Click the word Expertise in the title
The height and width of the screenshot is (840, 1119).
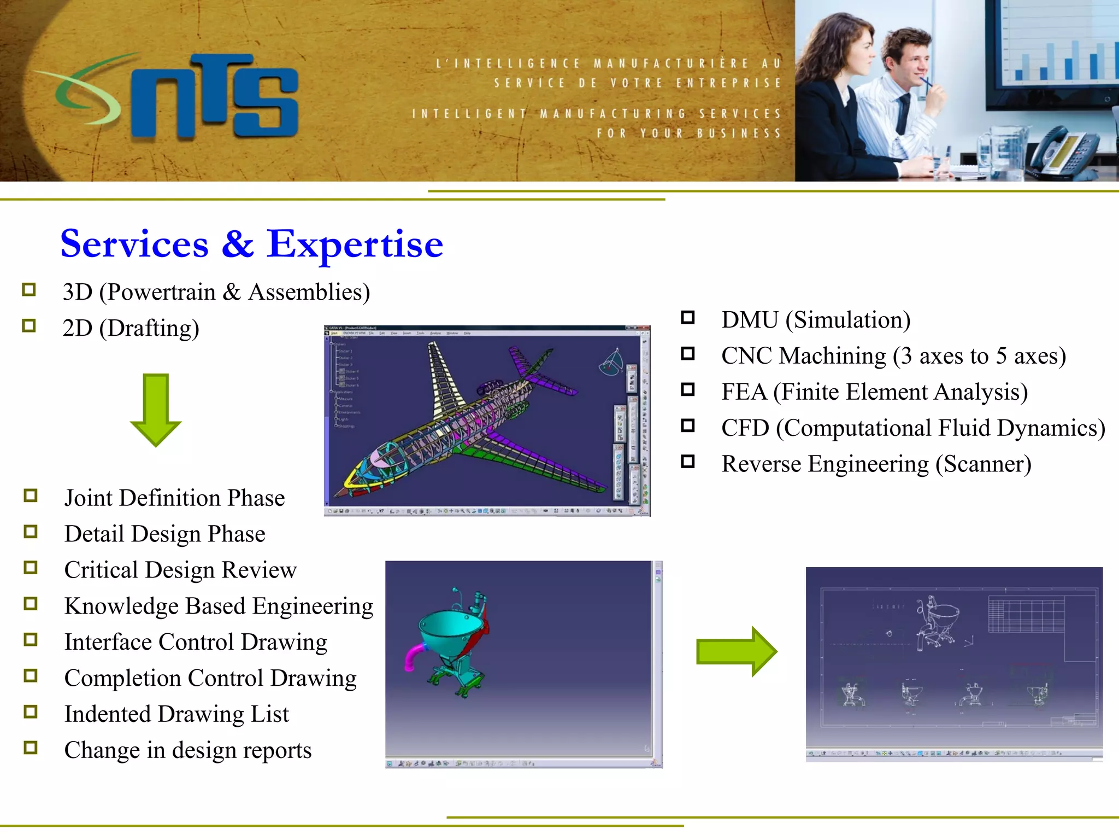coord(355,244)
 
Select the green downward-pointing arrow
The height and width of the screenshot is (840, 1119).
coord(156,410)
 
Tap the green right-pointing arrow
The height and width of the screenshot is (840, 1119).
coord(736,651)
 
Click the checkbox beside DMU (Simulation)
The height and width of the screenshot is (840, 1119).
coord(688,318)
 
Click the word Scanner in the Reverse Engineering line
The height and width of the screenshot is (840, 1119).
coord(983,464)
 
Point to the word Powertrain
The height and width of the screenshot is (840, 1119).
coord(161,292)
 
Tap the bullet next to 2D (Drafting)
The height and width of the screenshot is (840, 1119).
coord(29,326)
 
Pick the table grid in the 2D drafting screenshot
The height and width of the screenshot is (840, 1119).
coord(1026,614)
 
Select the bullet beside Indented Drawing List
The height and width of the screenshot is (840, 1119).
coord(31,711)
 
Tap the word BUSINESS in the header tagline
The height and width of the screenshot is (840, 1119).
coord(739,133)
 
